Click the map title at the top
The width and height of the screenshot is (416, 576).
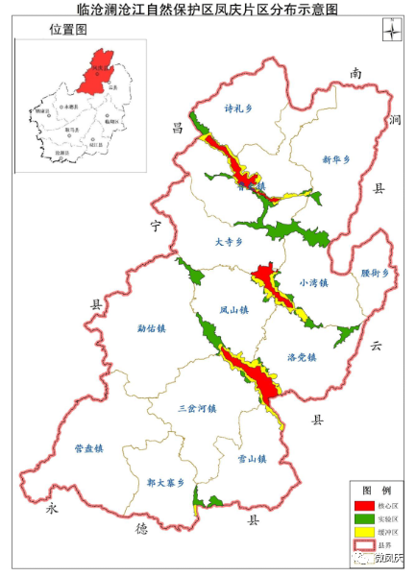207,10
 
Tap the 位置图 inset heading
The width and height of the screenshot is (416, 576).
67,31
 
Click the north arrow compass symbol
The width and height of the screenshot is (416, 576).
391,28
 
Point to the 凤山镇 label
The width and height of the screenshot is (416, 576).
233,310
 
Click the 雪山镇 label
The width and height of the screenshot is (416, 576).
237,460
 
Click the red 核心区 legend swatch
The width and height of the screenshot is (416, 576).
364,505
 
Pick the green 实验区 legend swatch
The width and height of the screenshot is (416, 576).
364,518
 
